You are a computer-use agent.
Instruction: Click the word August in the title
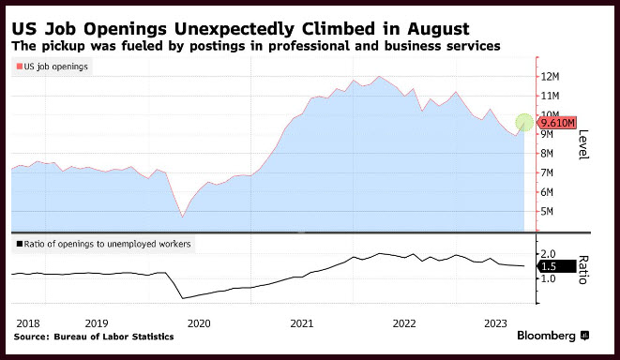tap(438, 29)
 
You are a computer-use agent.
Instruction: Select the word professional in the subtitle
tap(309, 46)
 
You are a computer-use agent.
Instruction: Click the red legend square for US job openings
tap(19, 67)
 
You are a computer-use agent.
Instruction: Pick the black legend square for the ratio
tap(19, 244)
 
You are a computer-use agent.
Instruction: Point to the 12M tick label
tap(550, 76)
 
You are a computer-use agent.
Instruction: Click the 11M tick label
tap(550, 96)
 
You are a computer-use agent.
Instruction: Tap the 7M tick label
tap(547, 172)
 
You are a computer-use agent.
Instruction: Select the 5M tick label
tap(547, 212)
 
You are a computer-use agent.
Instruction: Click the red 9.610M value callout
tap(556, 123)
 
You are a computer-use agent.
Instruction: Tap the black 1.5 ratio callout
tap(556, 267)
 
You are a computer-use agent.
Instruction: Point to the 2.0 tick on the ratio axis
tap(548, 254)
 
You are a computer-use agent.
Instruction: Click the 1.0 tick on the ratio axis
tap(548, 278)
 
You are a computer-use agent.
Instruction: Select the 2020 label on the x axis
tap(199, 323)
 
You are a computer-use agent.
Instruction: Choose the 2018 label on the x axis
tap(28, 323)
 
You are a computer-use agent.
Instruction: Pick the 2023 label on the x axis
tap(495, 323)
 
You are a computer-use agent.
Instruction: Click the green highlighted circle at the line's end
tap(524, 123)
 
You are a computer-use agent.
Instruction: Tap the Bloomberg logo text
tap(546, 336)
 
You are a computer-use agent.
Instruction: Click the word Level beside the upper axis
tap(583, 144)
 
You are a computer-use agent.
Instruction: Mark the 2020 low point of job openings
tap(182, 217)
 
